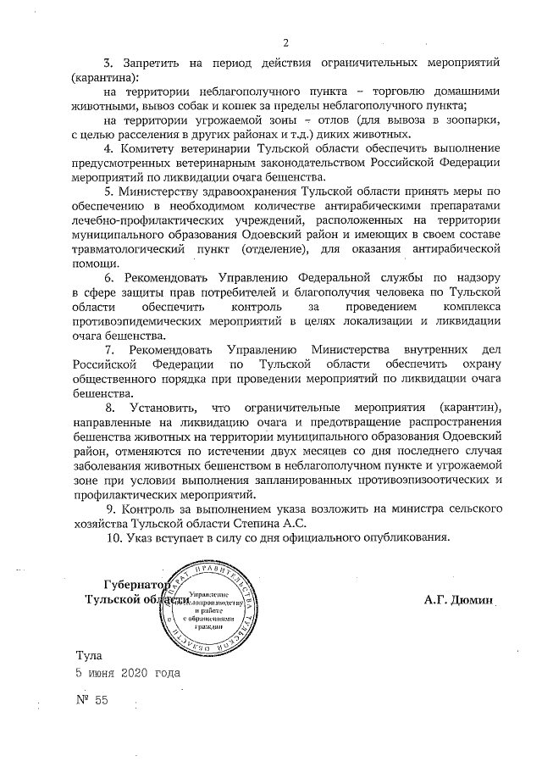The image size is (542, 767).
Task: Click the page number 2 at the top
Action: pyautogui.click(x=286, y=42)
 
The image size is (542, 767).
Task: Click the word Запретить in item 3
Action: pyautogui.click(x=152, y=64)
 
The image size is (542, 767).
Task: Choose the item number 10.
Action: pyautogui.click(x=114, y=536)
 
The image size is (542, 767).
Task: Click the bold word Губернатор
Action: pyautogui.click(x=134, y=585)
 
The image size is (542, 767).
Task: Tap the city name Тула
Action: pyautogui.click(x=89, y=655)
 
